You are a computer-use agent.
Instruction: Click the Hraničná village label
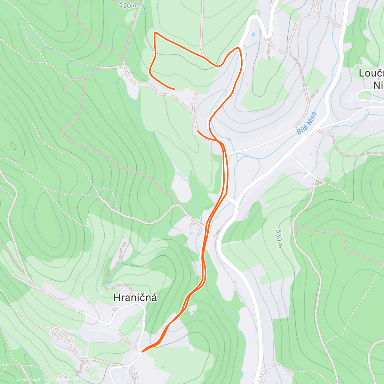click(135, 298)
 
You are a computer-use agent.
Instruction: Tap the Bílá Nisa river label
click(307, 123)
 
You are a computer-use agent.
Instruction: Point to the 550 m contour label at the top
click(129, 5)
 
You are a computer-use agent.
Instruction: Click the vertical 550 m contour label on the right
click(279, 239)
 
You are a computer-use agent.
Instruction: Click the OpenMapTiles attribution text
click(33, 380)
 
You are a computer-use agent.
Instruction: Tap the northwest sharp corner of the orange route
click(155, 33)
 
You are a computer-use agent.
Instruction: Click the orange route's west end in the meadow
click(174, 89)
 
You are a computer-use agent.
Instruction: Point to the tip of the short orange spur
click(198, 131)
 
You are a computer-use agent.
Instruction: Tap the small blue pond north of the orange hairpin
click(253, 34)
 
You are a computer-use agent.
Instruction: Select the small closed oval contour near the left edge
click(13, 146)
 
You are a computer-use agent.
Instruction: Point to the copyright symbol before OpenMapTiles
click(18, 380)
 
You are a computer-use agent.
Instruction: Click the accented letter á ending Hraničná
click(154, 298)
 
